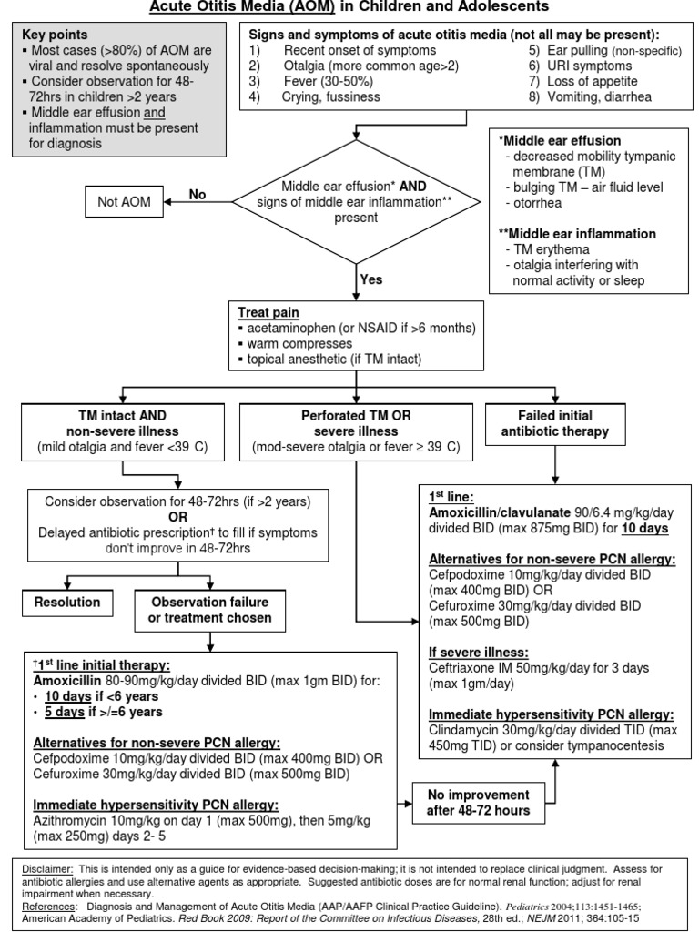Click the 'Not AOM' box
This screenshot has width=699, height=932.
coord(123,201)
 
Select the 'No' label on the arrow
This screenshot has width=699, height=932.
coord(198,194)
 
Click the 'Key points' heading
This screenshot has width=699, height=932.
coord(53,33)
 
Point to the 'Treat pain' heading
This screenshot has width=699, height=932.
coord(270,311)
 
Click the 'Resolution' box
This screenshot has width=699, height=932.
coord(67,602)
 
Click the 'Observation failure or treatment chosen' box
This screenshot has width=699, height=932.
coord(210,610)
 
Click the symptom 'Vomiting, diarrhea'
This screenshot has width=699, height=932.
coord(607,96)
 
